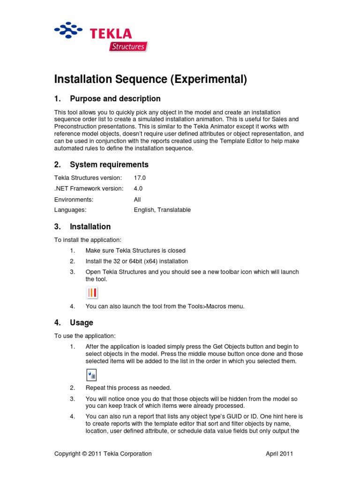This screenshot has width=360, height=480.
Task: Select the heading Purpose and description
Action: click(115, 98)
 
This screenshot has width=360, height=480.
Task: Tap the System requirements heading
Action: click(109, 165)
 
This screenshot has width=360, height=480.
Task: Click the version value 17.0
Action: click(140, 178)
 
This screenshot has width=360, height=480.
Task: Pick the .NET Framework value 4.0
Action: click(138, 188)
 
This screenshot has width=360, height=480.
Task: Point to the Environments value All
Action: click(137, 199)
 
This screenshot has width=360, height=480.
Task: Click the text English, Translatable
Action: click(162, 210)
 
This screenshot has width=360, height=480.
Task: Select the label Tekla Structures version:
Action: click(88, 178)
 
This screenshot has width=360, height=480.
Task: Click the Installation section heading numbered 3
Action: click(90, 226)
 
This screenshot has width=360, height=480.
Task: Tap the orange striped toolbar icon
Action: click(92, 293)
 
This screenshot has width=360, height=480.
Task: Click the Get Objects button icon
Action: click(91, 375)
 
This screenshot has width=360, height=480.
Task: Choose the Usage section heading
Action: click(81, 322)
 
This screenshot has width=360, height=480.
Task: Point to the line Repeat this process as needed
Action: click(128, 388)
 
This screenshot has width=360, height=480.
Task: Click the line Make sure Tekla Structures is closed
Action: click(135, 250)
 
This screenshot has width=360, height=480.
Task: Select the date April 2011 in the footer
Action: click(280, 453)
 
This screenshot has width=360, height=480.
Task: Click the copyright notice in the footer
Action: click(103, 453)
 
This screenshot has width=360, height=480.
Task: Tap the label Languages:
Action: click(70, 210)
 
